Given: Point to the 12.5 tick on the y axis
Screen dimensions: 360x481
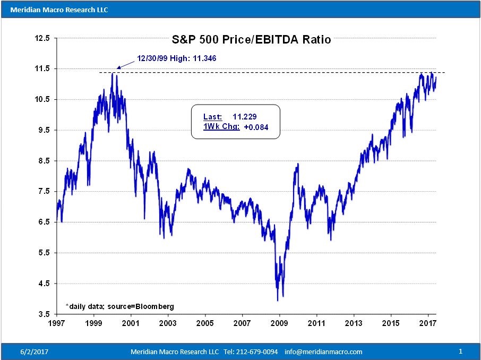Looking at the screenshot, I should click(42, 39).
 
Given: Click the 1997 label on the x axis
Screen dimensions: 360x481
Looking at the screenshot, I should click(56, 323).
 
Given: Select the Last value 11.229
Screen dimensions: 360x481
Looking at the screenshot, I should click(246, 117).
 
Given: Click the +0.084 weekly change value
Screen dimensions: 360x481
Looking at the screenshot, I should click(256, 127).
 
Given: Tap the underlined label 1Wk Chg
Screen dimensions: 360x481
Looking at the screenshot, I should click(221, 127).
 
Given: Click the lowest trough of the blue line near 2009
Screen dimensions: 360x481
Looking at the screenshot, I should click(277, 301).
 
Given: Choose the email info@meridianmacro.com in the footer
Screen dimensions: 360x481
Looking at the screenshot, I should click(323, 352).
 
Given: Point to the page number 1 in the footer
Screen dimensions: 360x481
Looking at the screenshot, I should click(460, 352).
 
